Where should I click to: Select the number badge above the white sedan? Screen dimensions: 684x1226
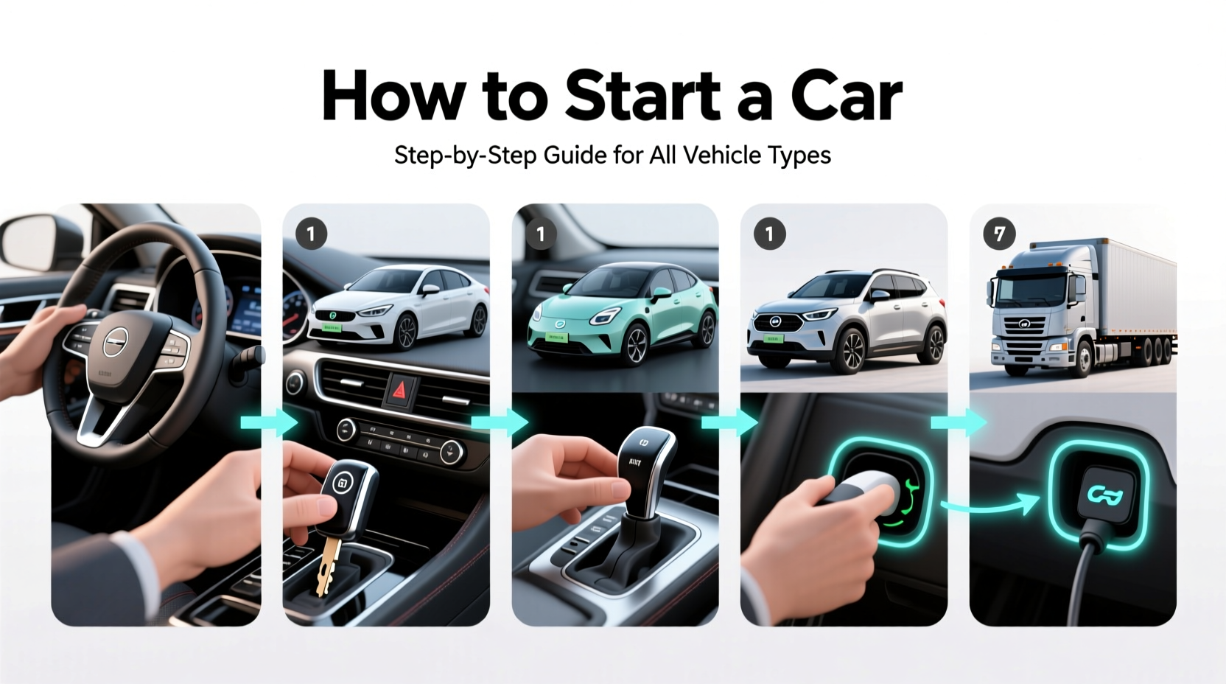coord(311,234)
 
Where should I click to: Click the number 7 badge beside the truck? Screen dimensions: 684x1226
coord(999,234)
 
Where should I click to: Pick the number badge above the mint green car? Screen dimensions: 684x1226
coord(540,234)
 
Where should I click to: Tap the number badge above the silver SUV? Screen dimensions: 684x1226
coord(769,234)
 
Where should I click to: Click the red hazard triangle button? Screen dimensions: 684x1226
coord(402,389)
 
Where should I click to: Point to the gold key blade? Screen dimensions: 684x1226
coord(329,565)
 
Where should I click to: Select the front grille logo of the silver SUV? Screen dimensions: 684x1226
coord(774,322)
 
